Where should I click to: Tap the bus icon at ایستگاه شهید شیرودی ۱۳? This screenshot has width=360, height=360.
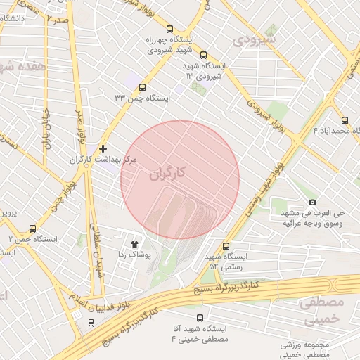point(203,55)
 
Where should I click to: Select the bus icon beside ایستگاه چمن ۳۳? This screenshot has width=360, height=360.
point(143,88)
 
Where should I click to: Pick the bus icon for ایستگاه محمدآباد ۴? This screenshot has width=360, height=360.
point(344,120)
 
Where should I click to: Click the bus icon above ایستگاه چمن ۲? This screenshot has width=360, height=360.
point(32,229)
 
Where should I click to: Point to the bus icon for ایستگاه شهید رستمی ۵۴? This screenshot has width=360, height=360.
point(226,246)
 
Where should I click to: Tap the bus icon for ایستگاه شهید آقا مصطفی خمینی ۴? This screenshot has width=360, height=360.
point(200,318)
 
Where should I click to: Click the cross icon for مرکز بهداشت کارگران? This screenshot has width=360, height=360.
point(103,148)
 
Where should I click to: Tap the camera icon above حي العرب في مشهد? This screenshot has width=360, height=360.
point(312,202)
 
